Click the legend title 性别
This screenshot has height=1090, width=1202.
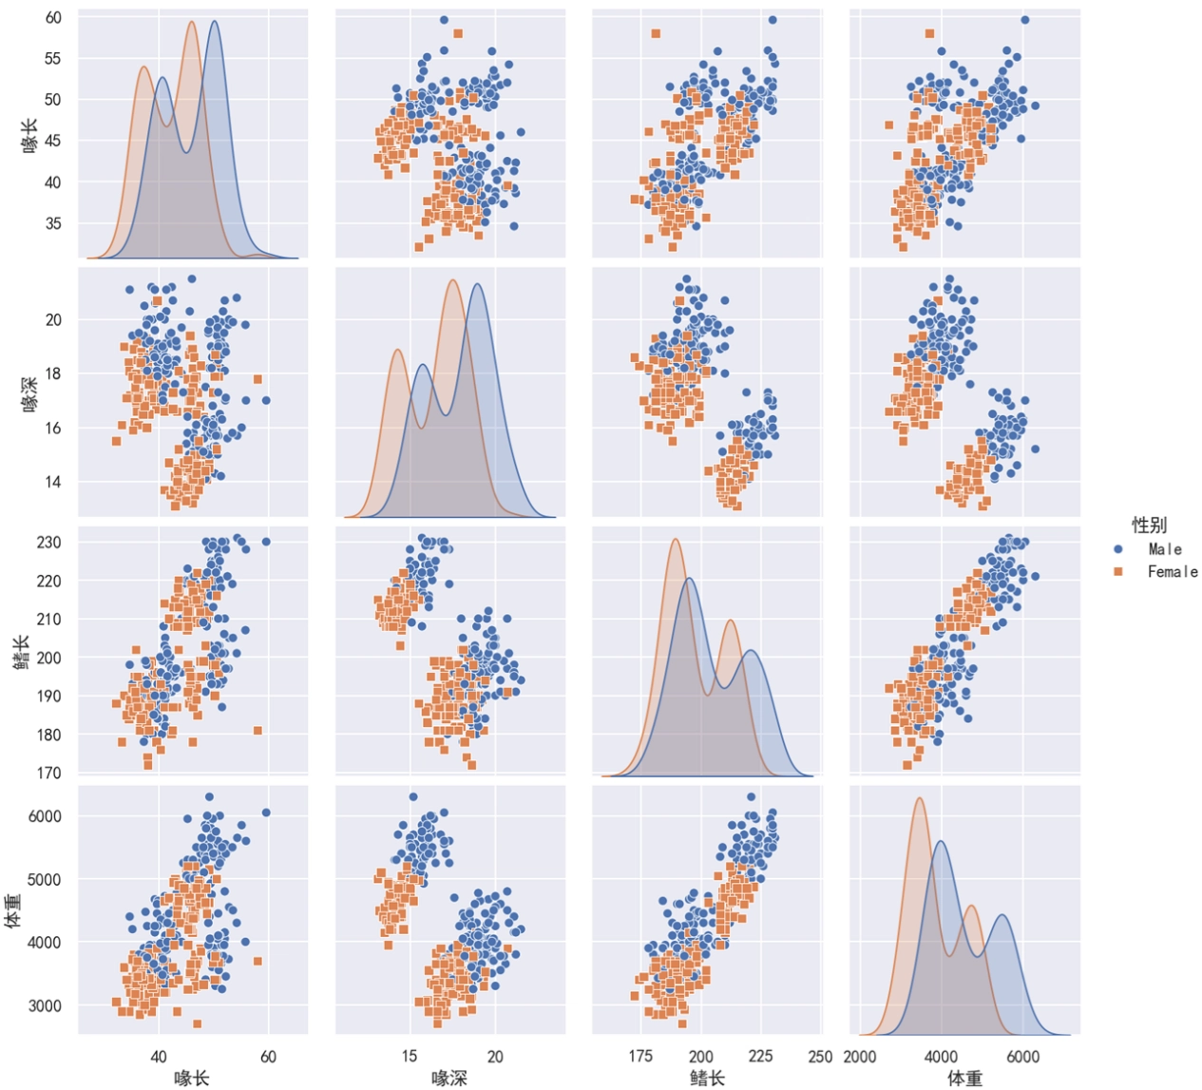[x=1149, y=525]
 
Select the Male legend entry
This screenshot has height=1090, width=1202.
[x=1164, y=549]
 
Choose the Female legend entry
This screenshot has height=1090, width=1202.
[x=1172, y=572]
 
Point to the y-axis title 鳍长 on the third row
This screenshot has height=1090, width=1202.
[x=21, y=652]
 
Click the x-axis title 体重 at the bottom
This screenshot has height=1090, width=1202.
[x=964, y=1078]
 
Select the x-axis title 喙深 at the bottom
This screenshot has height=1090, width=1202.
[x=449, y=1078]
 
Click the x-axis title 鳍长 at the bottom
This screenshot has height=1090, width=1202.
[x=707, y=1078]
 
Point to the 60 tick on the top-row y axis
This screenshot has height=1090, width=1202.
[x=53, y=18]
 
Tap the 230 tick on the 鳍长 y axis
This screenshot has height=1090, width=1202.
[x=49, y=543]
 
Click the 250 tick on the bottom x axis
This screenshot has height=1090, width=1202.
[x=819, y=1057]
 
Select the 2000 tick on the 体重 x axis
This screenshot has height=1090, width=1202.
[x=860, y=1057]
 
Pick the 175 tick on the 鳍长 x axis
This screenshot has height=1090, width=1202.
[x=640, y=1057]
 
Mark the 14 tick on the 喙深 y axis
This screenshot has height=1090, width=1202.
[x=53, y=482]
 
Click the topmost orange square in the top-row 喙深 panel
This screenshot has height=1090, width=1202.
[x=458, y=33]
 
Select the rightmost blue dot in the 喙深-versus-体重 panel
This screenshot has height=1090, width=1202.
[x=1035, y=449]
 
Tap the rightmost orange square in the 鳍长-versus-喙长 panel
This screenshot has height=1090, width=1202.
[x=258, y=731]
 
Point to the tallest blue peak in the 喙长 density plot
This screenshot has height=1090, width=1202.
[x=215, y=22]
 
